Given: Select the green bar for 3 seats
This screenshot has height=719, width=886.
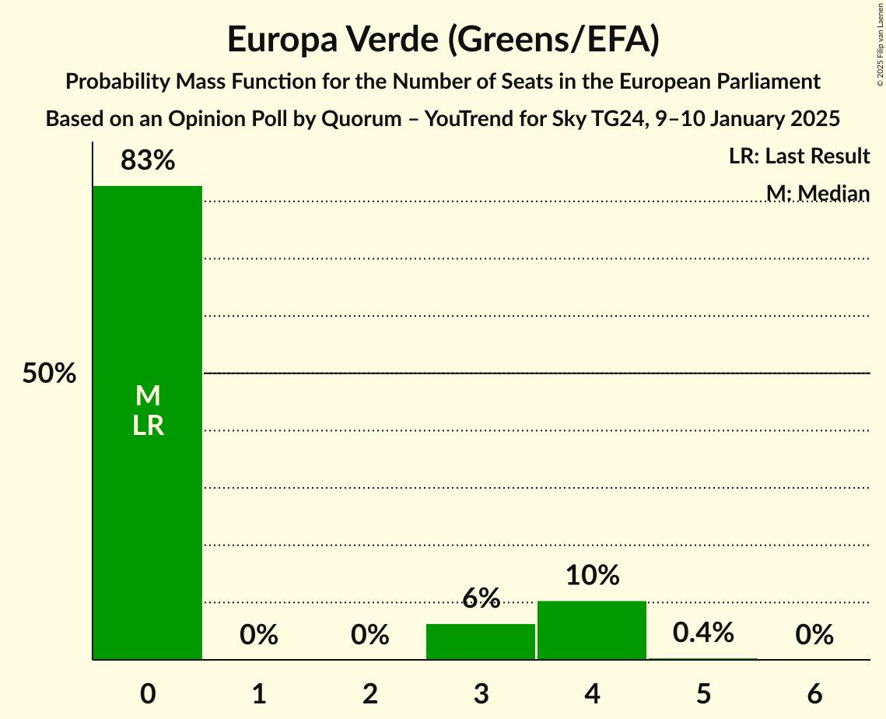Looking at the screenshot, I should pyautogui.click(x=481, y=641).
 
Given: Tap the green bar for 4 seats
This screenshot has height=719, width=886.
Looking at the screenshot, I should pyautogui.click(x=592, y=630).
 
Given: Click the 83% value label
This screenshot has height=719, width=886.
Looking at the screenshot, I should pyautogui.click(x=148, y=161).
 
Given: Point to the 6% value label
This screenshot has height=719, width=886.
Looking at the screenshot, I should pyautogui.click(x=481, y=598).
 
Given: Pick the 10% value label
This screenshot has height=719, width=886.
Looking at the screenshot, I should pyautogui.click(x=592, y=576).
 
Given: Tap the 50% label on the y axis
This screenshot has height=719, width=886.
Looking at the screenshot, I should pyautogui.click(x=49, y=374).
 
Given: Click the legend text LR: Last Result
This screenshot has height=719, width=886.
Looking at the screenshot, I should pyautogui.click(x=800, y=156).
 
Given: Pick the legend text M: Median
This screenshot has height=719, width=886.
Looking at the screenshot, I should pyautogui.click(x=818, y=193).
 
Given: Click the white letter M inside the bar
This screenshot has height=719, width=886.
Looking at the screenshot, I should pyautogui.click(x=148, y=397).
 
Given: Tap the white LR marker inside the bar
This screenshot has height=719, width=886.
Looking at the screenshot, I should pyautogui.click(x=148, y=426).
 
